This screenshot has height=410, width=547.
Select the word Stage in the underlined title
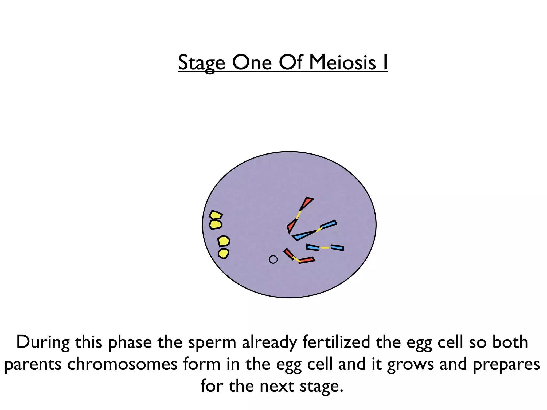[x=202, y=63]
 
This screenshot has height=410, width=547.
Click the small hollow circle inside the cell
[x=273, y=259]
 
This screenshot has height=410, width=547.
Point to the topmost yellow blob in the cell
[x=216, y=215]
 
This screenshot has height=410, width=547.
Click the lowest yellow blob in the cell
[x=224, y=253]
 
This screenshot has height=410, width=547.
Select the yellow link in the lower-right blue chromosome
[x=325, y=248]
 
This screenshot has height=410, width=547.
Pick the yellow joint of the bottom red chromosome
[x=296, y=259]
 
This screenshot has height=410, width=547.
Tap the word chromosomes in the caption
[x=122, y=364]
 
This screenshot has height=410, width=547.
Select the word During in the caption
[x=43, y=342]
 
